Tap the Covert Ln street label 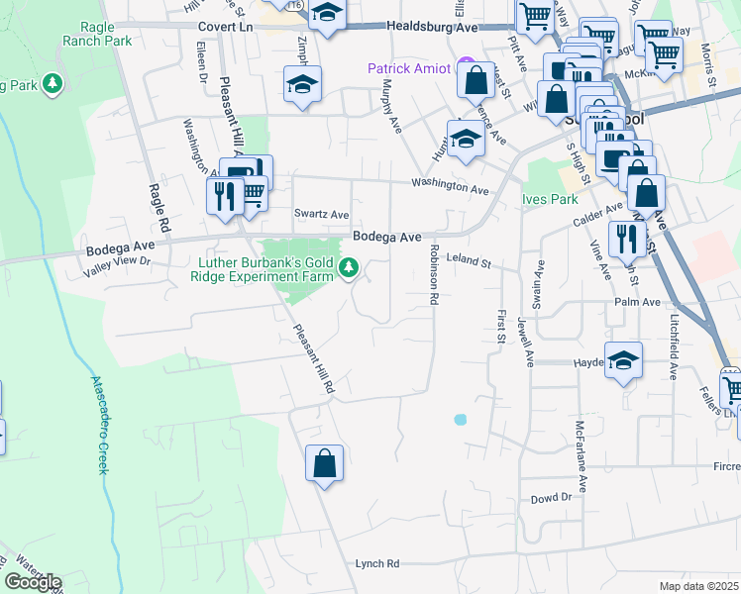(x=226, y=28)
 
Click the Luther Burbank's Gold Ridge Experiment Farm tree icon (x=348, y=267)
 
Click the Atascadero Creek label (x=98, y=425)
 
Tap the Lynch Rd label (x=376, y=563)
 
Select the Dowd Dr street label (x=552, y=498)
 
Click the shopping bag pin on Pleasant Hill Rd (x=324, y=463)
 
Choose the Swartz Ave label (x=321, y=214)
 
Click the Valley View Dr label (x=116, y=261)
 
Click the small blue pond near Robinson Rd (x=460, y=420)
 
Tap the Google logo (x=33, y=582)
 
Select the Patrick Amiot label (x=408, y=69)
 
